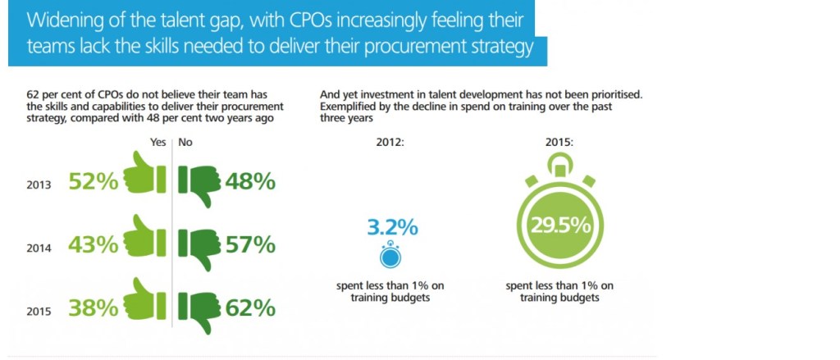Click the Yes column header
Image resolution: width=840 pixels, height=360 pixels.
coord(158,142)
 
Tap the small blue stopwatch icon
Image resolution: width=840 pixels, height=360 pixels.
coord(390,256)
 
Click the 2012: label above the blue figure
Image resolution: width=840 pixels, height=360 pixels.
coord(390,142)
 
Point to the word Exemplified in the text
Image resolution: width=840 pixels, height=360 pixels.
coord(347,107)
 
